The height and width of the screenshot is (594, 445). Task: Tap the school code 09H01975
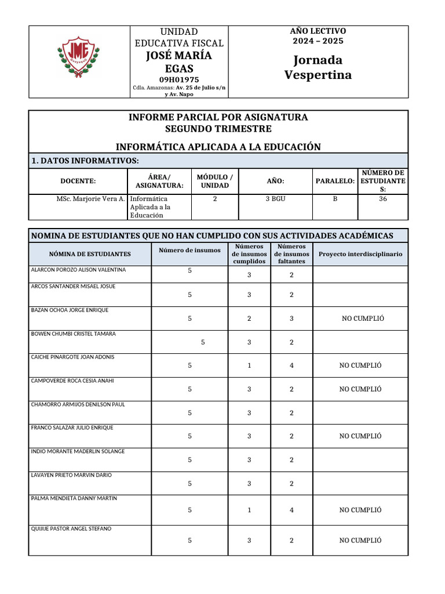click(x=179, y=79)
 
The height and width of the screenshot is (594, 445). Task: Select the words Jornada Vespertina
click(x=318, y=67)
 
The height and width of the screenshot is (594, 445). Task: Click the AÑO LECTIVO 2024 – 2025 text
click(x=318, y=35)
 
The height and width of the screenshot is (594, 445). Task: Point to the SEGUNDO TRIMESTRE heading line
click(x=218, y=129)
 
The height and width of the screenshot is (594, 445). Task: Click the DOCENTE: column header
click(x=78, y=181)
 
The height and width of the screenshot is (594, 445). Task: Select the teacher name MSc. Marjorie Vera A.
click(x=90, y=199)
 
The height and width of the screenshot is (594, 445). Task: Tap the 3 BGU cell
click(x=275, y=199)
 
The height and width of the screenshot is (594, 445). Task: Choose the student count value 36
click(x=382, y=199)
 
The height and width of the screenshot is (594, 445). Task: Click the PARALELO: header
click(x=335, y=181)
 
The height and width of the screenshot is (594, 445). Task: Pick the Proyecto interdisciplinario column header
click(x=360, y=254)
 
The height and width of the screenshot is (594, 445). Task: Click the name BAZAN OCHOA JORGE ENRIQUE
click(x=70, y=310)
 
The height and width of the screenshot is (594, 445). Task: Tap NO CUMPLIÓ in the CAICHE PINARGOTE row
click(x=360, y=365)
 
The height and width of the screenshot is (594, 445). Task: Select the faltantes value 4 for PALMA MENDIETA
click(x=291, y=510)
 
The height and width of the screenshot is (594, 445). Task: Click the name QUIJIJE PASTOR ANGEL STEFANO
click(x=71, y=528)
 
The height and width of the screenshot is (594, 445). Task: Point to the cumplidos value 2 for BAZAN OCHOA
click(x=249, y=318)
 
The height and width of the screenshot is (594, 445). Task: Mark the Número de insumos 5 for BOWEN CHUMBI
click(x=203, y=342)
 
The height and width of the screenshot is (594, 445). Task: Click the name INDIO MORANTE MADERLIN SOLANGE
click(x=77, y=451)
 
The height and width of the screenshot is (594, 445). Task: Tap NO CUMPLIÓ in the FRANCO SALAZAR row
click(x=360, y=436)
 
